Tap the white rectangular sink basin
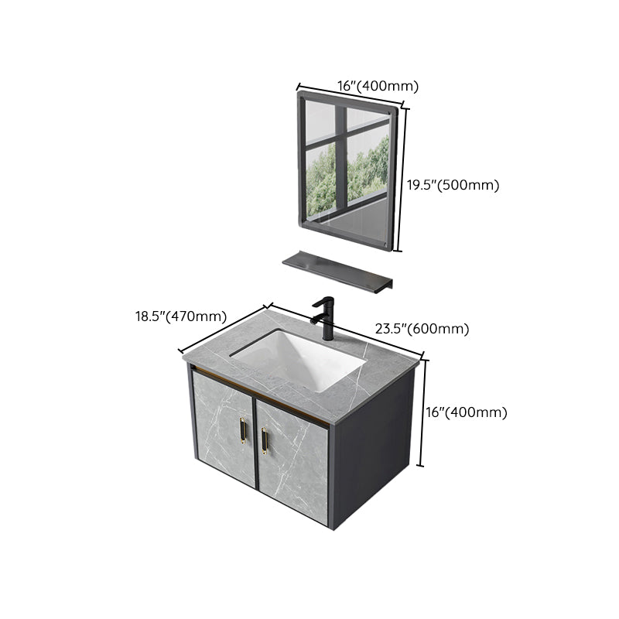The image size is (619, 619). click(x=298, y=358)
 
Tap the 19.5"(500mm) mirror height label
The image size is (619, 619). click(x=453, y=185)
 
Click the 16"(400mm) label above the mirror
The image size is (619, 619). click(x=367, y=85)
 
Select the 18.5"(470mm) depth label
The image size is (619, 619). click(x=180, y=316)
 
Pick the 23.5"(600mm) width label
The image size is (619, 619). click(x=422, y=329)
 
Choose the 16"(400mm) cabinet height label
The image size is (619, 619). click(x=466, y=412)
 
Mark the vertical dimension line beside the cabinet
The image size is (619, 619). click(x=421, y=414)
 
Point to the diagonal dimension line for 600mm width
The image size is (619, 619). click(x=364, y=333)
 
